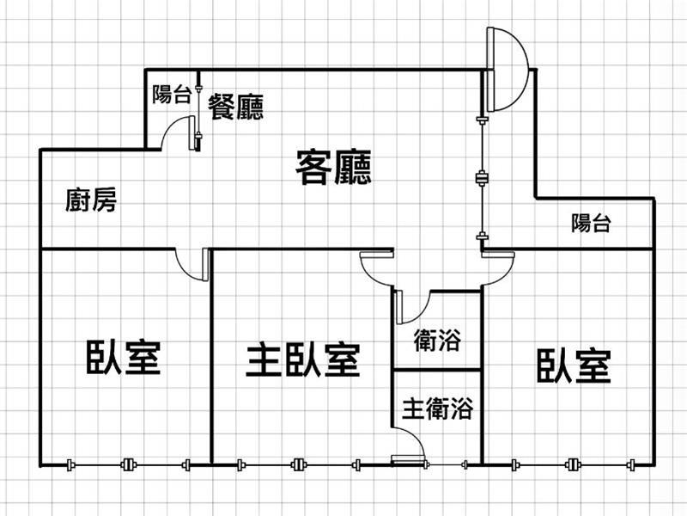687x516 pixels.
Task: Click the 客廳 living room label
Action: coord(333,168)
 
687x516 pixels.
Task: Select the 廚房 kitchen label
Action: coord(91,201)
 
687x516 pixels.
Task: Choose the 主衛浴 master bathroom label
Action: coord(437,408)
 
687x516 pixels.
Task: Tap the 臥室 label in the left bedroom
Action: coord(124,357)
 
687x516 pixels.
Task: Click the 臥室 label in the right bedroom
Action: coord(574,365)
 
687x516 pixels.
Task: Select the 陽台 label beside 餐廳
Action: coord(171,95)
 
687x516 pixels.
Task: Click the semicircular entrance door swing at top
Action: coord(507,69)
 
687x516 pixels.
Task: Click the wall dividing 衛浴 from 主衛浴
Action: coord(436,370)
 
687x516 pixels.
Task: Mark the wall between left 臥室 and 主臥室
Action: coord(211,357)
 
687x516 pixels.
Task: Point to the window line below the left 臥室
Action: coord(127,465)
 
